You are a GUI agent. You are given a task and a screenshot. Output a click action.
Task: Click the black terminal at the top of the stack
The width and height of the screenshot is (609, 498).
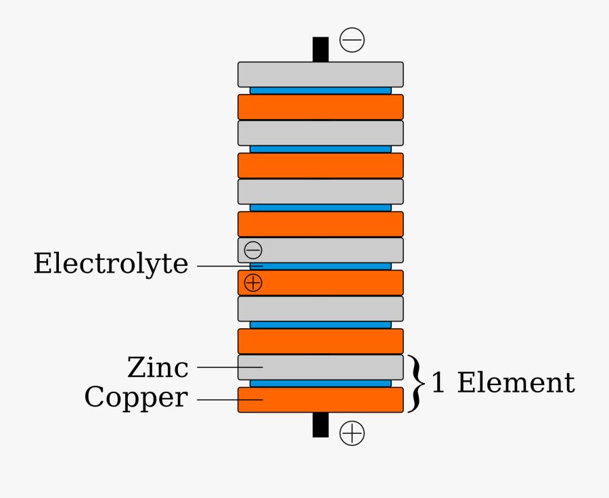pos(320,49)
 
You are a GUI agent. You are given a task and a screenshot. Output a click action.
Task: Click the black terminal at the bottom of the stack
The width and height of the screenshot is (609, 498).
pos(320,425)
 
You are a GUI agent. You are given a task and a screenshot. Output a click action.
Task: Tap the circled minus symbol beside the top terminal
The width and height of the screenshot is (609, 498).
pos(352,40)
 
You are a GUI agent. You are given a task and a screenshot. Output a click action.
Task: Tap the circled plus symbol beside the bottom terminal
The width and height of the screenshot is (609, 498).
pos(352,433)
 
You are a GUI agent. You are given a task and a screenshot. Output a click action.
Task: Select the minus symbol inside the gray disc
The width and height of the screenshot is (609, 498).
pos(253,250)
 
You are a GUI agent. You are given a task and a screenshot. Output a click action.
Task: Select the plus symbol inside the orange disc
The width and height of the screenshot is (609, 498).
pos(253,283)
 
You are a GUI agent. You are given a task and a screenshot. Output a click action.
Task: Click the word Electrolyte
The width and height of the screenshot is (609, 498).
pos(111,264)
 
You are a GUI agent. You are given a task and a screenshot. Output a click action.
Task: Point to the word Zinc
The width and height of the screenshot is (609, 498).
pos(158,368)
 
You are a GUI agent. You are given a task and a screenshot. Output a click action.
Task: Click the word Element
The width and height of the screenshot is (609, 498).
pos(516,383)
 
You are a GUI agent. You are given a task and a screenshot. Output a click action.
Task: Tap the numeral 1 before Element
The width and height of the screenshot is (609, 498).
pos(438,384)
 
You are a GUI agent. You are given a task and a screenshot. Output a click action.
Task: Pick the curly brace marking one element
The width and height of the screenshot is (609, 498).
pos(416,383)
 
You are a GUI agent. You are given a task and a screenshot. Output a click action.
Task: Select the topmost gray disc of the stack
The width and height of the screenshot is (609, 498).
pos(320,74)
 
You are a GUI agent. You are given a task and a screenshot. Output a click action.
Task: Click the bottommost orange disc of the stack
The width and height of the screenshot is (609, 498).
pos(320,400)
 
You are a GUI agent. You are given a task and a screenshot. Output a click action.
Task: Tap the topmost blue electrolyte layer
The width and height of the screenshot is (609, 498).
pos(320,91)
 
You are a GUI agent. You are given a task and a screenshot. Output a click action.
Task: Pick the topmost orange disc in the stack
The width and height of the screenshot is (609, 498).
pos(320,107)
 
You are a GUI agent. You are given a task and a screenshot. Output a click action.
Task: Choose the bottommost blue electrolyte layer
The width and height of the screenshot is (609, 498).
pos(320,384)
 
